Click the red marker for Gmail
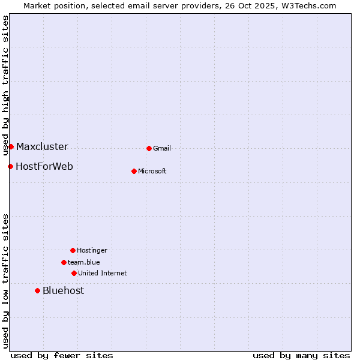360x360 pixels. tap(149, 148)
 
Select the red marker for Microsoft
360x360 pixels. tap(134, 171)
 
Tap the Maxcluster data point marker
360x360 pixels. tap(11, 146)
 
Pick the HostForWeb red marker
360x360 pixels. tap(10, 166)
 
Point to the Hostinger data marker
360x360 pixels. tap(73, 250)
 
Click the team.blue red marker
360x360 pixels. tap(64, 262)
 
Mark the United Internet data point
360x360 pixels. tap(74, 273)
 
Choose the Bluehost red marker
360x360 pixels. tap(37, 290)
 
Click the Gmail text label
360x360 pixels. tap(162, 149)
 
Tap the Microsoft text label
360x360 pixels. tap(152, 172)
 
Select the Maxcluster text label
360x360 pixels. tap(42, 147)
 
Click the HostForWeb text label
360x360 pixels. tap(44, 167)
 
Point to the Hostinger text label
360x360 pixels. tap(92, 251)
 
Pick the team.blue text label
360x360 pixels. tap(84, 263)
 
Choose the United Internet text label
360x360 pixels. tap(103, 274)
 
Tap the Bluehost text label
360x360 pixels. tap(63, 291)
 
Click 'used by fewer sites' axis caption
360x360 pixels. tap(62, 355)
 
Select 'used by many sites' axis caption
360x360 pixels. tap(301, 355)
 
